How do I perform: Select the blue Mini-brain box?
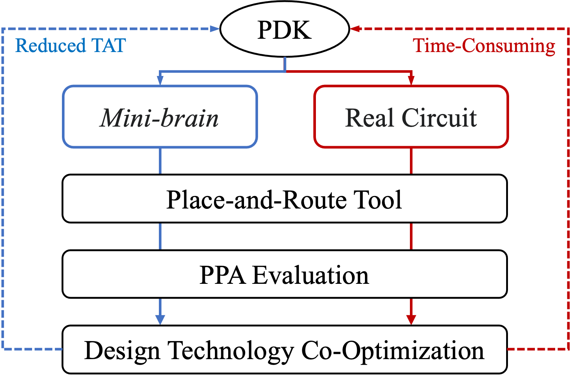(160, 117)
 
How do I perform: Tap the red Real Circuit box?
(411, 117)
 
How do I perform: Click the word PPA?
(223, 275)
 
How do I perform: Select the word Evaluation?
(310, 275)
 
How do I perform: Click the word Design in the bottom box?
(122, 350)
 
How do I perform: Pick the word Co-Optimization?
(393, 350)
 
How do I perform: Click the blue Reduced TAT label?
(70, 46)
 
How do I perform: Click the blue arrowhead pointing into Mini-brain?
(160, 80)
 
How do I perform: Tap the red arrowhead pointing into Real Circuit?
(411, 80)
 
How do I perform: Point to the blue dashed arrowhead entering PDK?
(215, 28)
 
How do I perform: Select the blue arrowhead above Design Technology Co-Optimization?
(160, 319)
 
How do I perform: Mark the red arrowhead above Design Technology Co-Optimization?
(411, 319)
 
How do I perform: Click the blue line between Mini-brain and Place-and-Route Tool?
(160, 161)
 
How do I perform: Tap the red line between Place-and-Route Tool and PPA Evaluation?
(411, 236)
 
